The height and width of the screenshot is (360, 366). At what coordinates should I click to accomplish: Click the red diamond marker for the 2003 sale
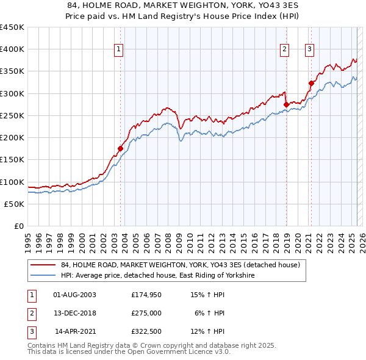[x=120, y=148]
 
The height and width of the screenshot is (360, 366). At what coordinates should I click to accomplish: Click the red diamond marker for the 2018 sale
[x=286, y=104]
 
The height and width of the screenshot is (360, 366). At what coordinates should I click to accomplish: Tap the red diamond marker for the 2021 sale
[x=311, y=83]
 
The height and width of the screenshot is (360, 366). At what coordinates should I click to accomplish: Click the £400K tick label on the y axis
[x=12, y=49]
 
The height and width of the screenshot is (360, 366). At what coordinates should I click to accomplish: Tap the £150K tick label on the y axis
[x=12, y=160]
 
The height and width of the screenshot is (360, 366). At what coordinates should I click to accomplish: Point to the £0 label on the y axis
[x=18, y=226]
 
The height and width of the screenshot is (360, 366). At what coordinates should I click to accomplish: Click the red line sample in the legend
[x=43, y=265]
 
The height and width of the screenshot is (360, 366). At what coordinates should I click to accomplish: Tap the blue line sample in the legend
[x=43, y=276]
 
